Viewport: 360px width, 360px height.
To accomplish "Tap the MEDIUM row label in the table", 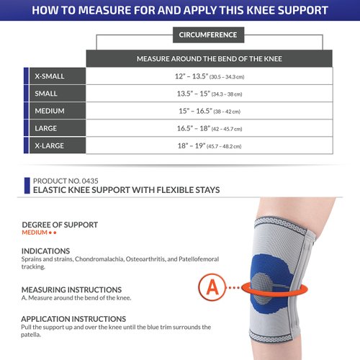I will (48, 111).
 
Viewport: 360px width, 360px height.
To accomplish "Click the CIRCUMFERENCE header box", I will (210, 35).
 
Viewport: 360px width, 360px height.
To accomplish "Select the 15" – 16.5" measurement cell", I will (209, 111).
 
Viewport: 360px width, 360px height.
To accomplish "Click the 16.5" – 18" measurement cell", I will (209, 128).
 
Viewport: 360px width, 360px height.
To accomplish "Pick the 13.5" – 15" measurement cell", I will (209, 94).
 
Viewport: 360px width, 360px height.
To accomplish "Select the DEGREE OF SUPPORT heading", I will (60, 225).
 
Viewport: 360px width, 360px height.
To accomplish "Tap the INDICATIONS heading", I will (45, 251).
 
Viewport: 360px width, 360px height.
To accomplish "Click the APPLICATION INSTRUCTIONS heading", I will (73, 318).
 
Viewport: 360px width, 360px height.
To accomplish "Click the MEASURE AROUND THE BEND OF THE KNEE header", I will (209, 58).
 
